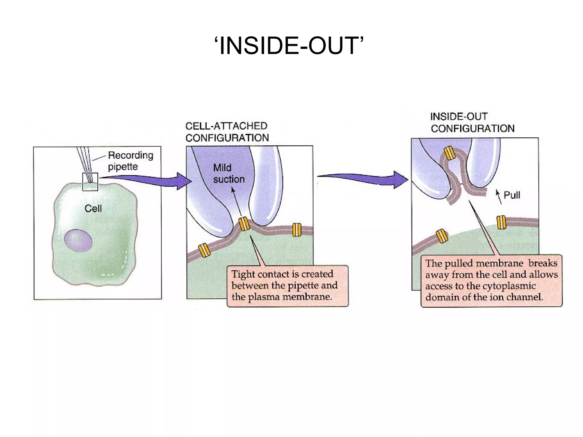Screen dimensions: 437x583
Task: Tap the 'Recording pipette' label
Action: coord(130,161)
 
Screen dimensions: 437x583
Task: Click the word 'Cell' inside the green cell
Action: coord(93,209)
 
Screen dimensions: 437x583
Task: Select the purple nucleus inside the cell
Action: coord(78,240)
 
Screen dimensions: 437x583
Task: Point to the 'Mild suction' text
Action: coord(229,173)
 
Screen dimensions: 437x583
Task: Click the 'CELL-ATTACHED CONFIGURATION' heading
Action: coord(227,132)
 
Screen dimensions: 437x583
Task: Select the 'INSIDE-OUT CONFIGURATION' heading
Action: coord(473,122)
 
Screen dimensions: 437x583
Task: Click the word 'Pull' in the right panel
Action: coord(512,195)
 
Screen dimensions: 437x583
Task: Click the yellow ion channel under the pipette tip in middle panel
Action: coord(244,224)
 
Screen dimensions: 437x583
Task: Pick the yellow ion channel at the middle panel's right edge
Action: coord(297,230)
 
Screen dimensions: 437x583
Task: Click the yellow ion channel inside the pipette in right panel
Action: coord(450,153)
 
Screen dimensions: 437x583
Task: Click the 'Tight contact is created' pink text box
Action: coord(288,286)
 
